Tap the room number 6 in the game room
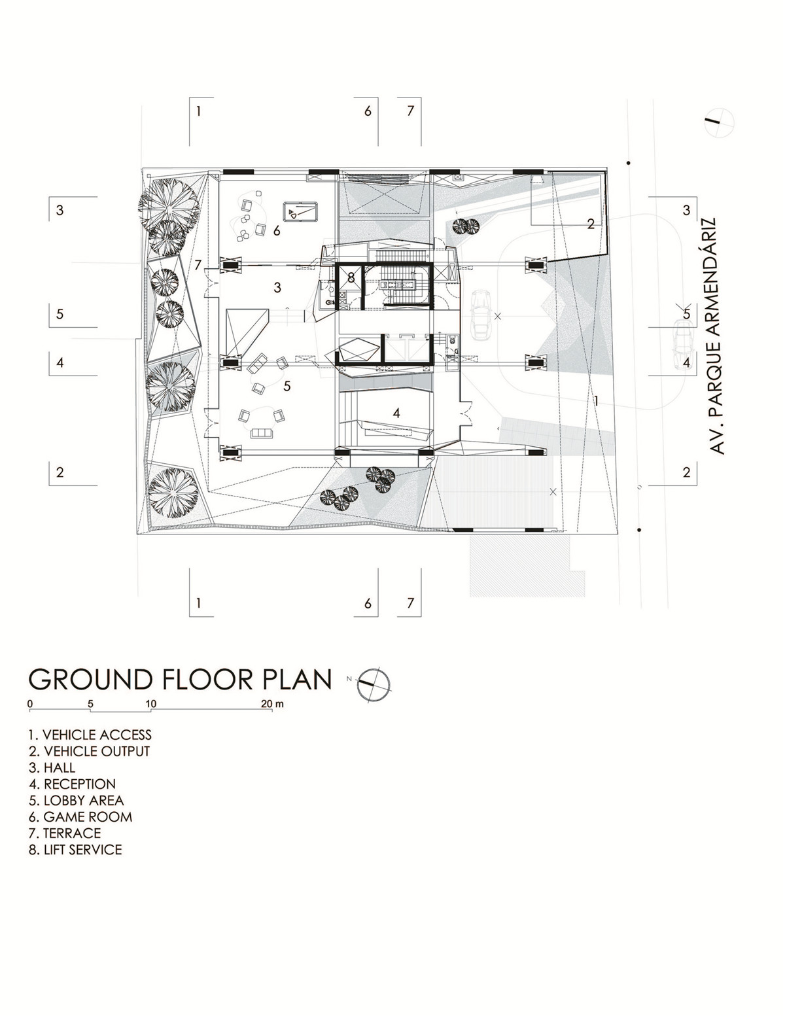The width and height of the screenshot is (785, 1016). (277, 230)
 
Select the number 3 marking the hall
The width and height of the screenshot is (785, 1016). (277, 287)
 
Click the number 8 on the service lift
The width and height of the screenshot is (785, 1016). (351, 277)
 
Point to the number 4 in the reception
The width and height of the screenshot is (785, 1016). (396, 413)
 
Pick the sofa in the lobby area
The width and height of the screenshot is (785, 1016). (262, 433)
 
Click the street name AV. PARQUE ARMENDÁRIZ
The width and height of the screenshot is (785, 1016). (717, 335)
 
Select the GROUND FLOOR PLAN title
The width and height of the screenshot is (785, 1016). (180, 679)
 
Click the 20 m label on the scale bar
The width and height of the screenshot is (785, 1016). (273, 704)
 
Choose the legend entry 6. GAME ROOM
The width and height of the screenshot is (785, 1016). (80, 816)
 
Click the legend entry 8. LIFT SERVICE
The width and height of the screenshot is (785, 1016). (75, 849)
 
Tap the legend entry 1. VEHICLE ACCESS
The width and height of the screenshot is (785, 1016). (90, 735)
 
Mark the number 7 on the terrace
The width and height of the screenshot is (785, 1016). (198, 265)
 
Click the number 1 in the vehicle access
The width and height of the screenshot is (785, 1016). (597, 400)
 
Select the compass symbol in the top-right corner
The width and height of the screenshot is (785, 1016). (718, 122)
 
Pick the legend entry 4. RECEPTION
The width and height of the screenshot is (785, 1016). (72, 784)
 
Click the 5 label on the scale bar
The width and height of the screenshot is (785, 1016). (91, 704)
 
